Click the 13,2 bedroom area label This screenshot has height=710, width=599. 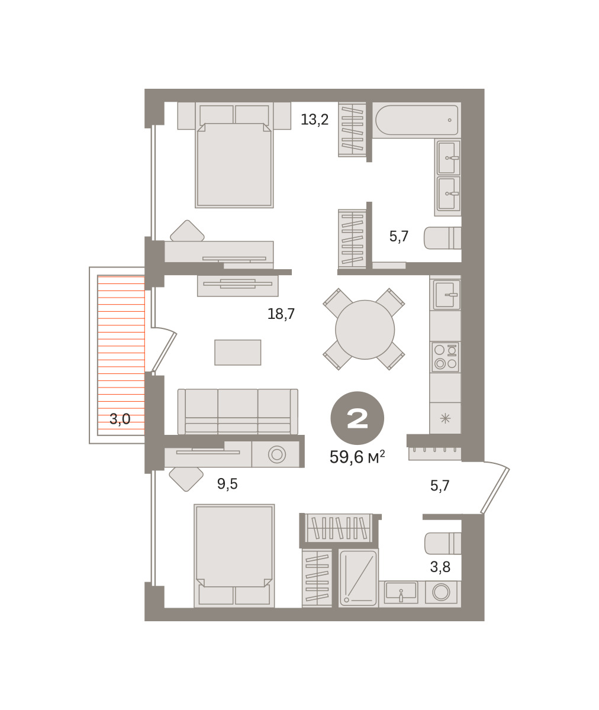click(x=315, y=120)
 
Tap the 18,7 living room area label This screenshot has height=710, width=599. click(x=281, y=314)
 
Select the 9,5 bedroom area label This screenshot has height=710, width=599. click(x=227, y=483)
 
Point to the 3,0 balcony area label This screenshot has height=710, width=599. click(x=120, y=419)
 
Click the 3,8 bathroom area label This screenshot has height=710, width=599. click(x=440, y=567)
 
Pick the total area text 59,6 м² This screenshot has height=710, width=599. click(x=357, y=457)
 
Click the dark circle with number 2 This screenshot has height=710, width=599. click(x=357, y=418)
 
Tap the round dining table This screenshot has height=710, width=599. click(x=365, y=330)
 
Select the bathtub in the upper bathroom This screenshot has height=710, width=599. click(x=417, y=120)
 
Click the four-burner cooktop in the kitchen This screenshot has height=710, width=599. click(x=445, y=357)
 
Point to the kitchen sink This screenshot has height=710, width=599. click(x=445, y=294)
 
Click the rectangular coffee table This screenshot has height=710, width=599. click(x=237, y=353)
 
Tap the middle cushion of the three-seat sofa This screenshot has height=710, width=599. click(x=237, y=411)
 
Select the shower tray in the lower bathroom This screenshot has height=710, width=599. click(x=358, y=579)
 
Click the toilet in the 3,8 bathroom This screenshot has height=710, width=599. click(x=443, y=543)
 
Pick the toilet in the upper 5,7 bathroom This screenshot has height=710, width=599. click(x=442, y=238)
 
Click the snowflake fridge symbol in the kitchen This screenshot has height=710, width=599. click(x=445, y=418)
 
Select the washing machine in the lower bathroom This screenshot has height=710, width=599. click(x=441, y=592)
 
